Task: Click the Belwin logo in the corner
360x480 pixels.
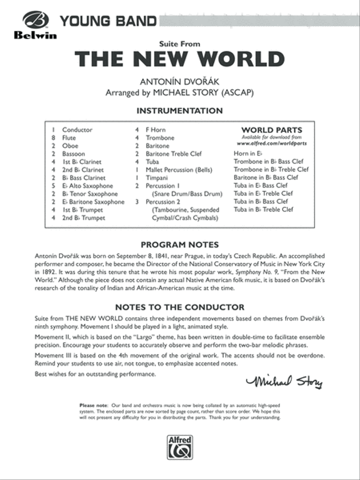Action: [35, 25]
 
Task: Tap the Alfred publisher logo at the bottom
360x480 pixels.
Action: [180, 447]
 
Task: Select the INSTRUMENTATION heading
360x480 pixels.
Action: [180, 110]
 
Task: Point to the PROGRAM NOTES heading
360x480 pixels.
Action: [180, 244]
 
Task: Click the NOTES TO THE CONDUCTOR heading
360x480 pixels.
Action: [180, 307]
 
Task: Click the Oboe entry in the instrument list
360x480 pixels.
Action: [70, 146]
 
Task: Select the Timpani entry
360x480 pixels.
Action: [157, 178]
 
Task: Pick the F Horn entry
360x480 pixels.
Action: [155, 130]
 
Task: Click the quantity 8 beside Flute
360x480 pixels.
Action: [53, 138]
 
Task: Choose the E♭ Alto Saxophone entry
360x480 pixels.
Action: [88, 186]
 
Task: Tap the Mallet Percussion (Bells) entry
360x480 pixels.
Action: [178, 170]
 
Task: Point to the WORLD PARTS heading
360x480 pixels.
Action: [272, 130]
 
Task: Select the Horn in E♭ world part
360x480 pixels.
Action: [248, 153]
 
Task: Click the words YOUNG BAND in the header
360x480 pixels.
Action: [108, 20]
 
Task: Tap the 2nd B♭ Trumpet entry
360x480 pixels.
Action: [84, 218]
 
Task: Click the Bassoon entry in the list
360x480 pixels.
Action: [74, 154]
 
